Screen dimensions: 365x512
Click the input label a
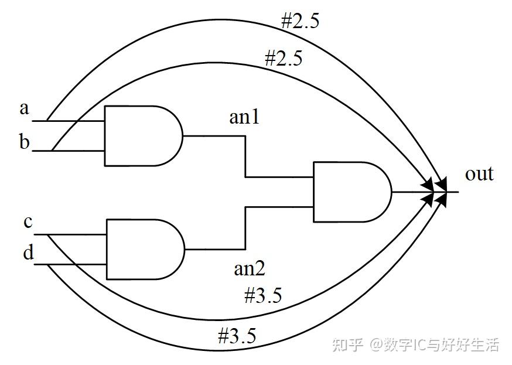[24, 108]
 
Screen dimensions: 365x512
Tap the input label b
[24, 142]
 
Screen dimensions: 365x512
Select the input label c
[28, 223]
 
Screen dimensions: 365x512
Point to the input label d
[28, 254]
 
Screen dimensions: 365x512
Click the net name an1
[244, 118]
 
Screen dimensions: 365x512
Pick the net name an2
[250, 268]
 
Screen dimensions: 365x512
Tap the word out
[479, 174]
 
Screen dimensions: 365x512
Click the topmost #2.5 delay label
[299, 22]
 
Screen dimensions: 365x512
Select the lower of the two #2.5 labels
[284, 58]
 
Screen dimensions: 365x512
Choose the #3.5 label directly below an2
[262, 295]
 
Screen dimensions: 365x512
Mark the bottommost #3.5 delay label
[237, 336]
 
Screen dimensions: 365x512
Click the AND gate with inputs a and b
[143, 136]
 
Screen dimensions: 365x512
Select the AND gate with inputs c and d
[144, 250]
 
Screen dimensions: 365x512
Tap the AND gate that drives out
[351, 192]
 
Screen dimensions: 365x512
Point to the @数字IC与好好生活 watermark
[434, 344]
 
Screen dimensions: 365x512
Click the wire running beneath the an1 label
[214, 136]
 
